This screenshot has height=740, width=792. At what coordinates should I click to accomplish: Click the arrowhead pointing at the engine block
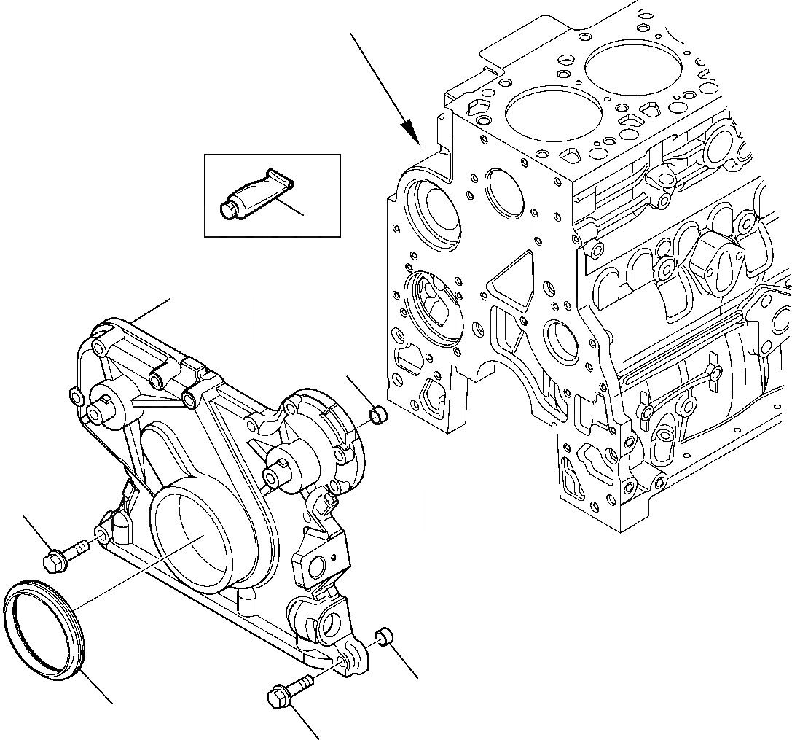pyautogui.click(x=412, y=136)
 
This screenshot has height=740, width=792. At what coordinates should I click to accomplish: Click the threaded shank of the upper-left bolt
pyautogui.click(x=77, y=548)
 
